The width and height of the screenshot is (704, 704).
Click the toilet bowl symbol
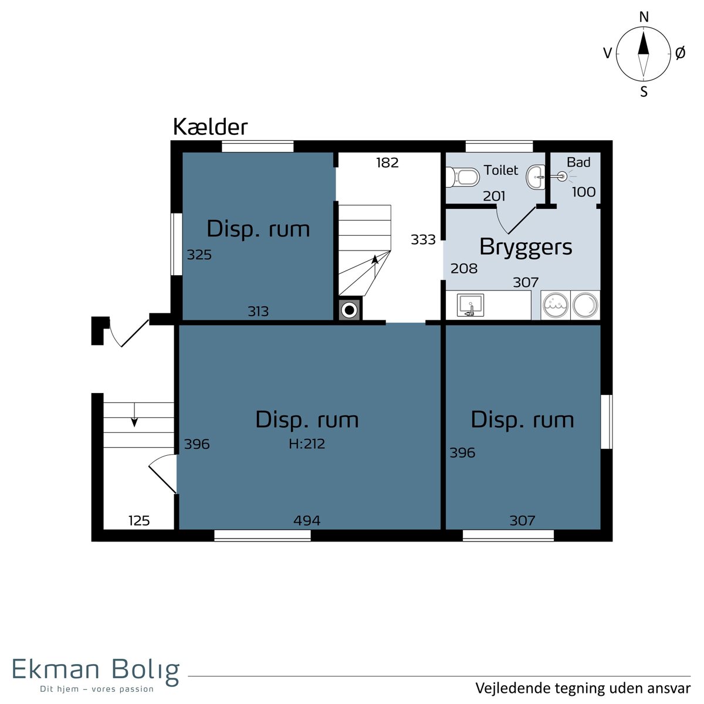(462, 177)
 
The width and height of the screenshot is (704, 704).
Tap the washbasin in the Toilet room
(536, 177)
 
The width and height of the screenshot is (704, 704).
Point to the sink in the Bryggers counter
(470, 305)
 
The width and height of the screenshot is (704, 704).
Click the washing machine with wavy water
(555, 305)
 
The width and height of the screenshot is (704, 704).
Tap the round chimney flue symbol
(350, 310)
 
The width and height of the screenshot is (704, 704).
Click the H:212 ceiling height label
(306, 444)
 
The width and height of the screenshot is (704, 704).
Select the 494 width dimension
(307, 520)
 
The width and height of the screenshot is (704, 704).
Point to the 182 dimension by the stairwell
(387, 163)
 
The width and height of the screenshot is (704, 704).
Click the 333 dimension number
(423, 240)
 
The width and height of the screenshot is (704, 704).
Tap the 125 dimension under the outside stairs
(139, 520)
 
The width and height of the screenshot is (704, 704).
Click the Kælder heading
(210, 127)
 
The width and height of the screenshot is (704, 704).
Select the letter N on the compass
(644, 17)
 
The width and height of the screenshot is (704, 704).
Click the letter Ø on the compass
(680, 53)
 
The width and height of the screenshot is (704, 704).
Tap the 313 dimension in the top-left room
(258, 312)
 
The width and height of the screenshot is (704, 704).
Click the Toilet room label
(500, 170)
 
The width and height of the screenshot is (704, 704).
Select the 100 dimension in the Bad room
(583, 192)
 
